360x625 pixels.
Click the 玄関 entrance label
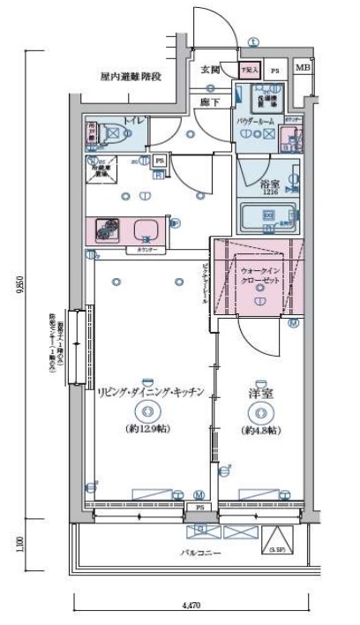[210, 69]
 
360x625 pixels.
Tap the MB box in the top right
[302, 68]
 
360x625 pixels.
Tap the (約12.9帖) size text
[147, 430]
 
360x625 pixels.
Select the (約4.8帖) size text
[260, 430]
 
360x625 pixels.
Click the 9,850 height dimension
[19, 287]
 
